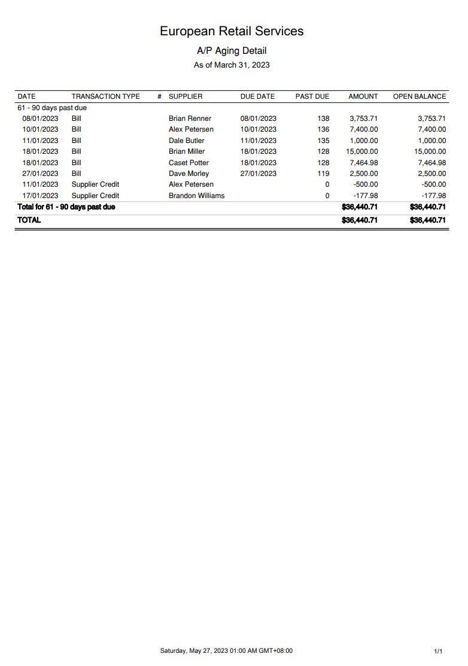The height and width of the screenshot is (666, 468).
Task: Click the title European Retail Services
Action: pos(232,31)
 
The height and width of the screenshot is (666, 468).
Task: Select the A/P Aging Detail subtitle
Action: pos(232,51)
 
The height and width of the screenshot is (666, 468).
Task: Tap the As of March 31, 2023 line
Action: pos(232,65)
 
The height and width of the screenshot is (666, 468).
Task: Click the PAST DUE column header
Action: pos(312,96)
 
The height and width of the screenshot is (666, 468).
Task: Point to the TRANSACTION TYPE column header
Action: pos(105,96)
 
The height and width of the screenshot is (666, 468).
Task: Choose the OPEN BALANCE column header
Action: pos(419,96)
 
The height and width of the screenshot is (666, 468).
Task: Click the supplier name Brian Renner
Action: pos(190,118)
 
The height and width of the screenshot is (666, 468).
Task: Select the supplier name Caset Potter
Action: pos(189,163)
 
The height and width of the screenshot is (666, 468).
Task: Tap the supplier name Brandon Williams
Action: pos(196,196)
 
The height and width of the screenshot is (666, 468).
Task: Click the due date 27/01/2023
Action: pos(258,174)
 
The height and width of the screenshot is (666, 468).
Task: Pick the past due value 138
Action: pos(323,118)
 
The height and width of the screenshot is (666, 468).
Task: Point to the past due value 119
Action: pos(323,174)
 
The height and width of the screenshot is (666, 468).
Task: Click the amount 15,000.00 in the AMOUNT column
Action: pos(362,151)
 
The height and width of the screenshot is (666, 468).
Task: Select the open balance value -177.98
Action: pos(433,196)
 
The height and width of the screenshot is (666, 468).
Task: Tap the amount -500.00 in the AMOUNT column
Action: pos(365,184)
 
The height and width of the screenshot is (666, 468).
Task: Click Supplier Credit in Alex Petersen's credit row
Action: pos(95,184)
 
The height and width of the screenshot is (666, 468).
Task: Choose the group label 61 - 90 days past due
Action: pos(52,108)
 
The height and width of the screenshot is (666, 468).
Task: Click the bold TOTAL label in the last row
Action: pos(29,220)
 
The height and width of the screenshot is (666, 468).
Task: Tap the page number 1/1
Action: pos(438,651)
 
